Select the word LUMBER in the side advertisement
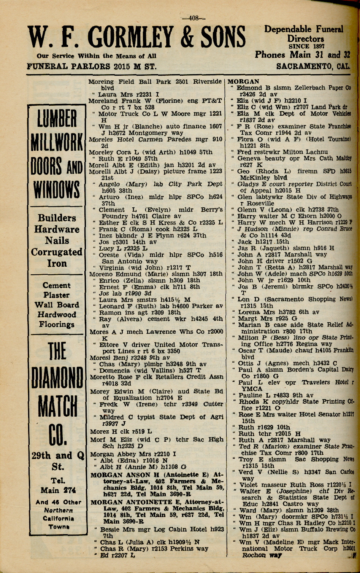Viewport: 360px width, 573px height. click(x=57, y=120)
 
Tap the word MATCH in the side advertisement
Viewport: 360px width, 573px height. click(x=57, y=406)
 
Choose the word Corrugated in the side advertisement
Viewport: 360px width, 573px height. click(x=57, y=252)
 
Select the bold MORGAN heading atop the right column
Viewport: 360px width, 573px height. click(x=243, y=81)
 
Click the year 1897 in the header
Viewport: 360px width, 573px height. click(x=317, y=46)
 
